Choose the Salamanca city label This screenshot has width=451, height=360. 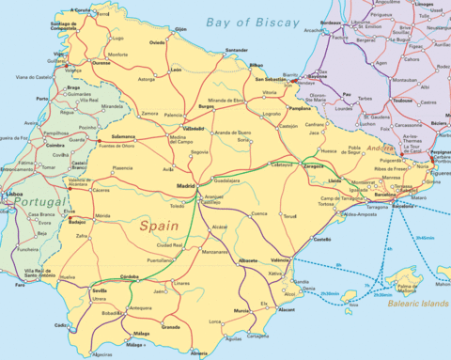(x=123, y=136)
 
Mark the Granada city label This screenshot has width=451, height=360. (x=171, y=326)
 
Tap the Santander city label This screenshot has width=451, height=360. (x=237, y=50)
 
